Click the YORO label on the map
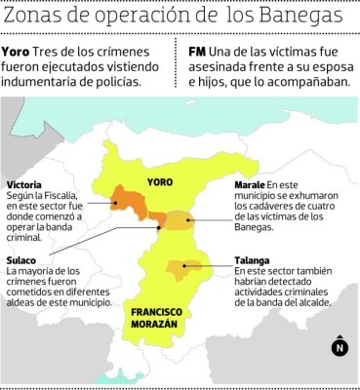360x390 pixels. (x=159, y=182)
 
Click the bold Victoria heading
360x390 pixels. (x=23, y=184)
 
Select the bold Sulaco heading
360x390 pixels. (x=20, y=260)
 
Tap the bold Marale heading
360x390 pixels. (x=251, y=184)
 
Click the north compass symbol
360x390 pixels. (x=340, y=345)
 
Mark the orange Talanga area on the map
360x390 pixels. (x=184, y=267)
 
